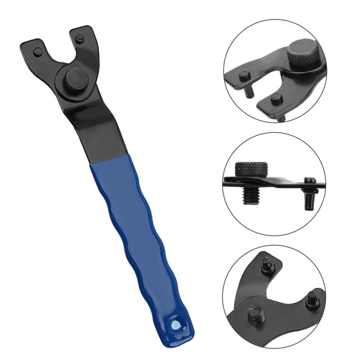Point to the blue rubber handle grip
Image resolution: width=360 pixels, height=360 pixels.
[x=135, y=234]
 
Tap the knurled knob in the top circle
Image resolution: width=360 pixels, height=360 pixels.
[x=302, y=56]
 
